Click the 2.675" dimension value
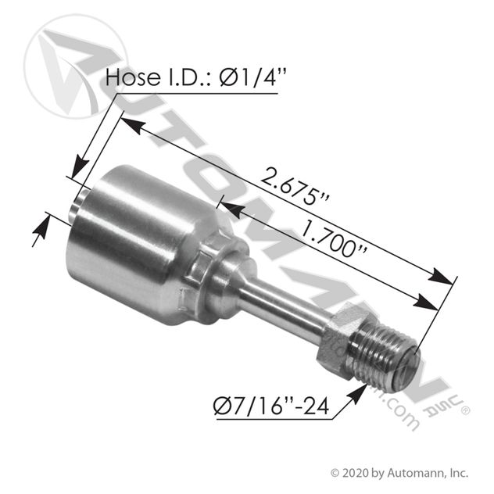(295, 187)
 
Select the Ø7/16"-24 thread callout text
(271, 406)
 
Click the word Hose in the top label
(133, 77)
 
